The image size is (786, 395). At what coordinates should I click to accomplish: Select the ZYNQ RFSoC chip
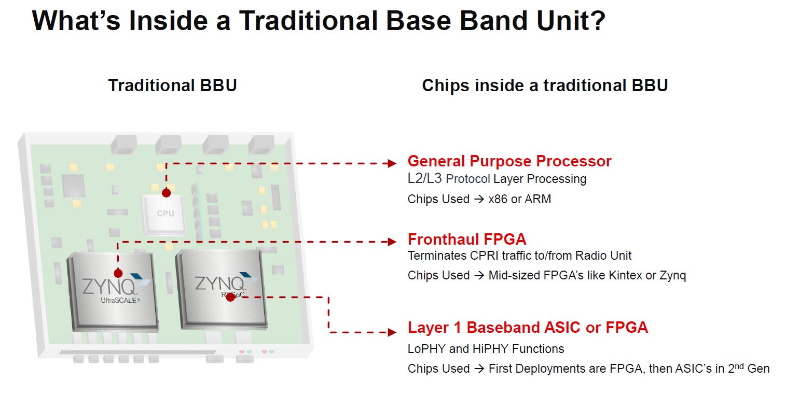point(220,288)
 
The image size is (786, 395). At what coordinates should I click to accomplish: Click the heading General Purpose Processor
point(509,161)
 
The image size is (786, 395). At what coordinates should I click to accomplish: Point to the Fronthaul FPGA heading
point(467,239)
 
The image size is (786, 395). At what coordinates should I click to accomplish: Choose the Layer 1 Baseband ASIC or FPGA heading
point(528,328)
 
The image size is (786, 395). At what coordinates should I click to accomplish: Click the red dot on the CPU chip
point(166,193)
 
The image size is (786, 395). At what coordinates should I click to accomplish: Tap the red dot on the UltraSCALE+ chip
point(118,273)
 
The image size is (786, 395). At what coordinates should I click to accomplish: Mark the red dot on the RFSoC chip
point(230,297)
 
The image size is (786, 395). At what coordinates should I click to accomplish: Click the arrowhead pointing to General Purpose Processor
point(392,164)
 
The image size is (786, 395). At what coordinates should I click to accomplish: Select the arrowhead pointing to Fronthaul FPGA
point(392,242)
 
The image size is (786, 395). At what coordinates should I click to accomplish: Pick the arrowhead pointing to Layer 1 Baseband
point(392,332)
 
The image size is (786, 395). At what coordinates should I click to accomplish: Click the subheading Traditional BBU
point(172,86)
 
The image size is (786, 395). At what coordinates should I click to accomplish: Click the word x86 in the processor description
point(498,200)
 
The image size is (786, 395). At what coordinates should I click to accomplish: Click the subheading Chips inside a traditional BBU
point(545,86)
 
